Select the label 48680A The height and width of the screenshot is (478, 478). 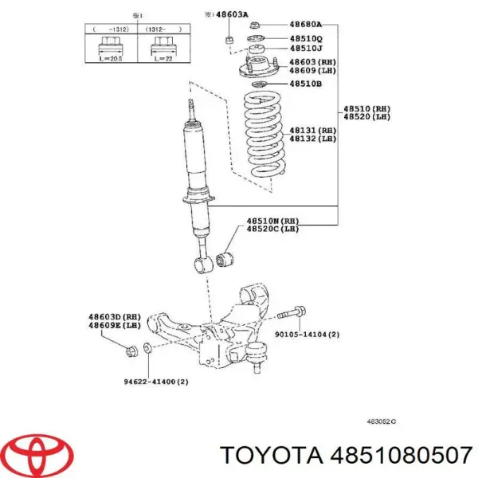(x=305, y=24)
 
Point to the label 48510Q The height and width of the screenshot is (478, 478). (x=305, y=37)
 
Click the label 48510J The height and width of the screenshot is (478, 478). (x=305, y=49)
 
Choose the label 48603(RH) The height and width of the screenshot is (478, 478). (x=311, y=62)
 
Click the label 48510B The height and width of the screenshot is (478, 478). (x=305, y=83)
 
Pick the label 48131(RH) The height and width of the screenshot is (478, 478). (x=311, y=130)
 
